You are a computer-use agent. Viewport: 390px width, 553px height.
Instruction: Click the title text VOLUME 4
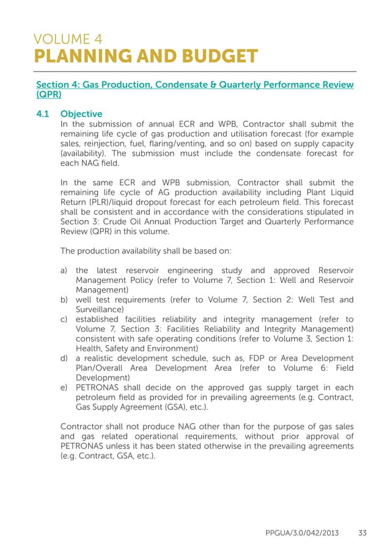68,40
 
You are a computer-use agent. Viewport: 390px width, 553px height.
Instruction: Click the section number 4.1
45,114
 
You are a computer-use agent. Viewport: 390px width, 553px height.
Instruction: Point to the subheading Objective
81,114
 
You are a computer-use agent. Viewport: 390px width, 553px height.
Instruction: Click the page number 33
362,533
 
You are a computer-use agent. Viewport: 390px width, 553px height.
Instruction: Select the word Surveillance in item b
101,309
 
